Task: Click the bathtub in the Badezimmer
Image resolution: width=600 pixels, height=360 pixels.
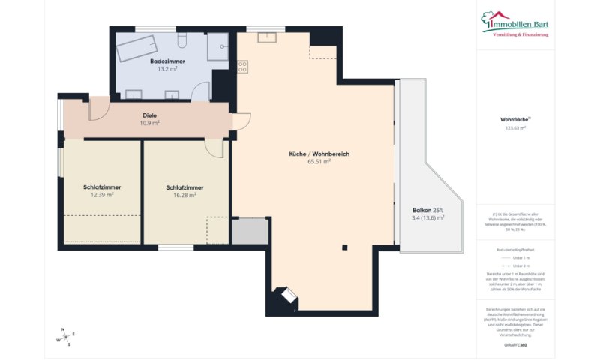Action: [138, 49]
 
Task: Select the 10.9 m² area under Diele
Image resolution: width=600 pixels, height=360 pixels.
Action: [150, 123]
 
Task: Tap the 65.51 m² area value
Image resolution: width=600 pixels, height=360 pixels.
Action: [319, 161]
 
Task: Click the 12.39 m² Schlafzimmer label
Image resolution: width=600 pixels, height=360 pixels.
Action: [102, 195]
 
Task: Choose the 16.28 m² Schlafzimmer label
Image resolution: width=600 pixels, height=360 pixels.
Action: [184, 195]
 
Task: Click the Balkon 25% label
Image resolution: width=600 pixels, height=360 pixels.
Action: [427, 210]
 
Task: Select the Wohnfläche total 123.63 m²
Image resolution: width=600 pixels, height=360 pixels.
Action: [515, 128]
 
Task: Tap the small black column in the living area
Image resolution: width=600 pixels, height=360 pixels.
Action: [344, 247]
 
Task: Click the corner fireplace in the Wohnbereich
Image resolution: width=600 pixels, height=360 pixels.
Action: [286, 297]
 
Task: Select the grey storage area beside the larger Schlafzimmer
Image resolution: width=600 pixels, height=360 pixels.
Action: [250, 232]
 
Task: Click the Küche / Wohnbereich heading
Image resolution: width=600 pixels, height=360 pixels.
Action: [319, 154]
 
